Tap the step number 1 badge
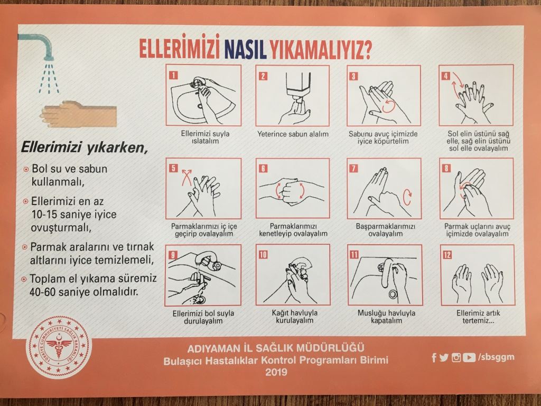173,75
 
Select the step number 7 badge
353,168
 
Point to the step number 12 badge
447,255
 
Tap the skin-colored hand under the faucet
78,114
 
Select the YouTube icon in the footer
469,357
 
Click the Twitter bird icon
444,358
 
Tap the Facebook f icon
434,358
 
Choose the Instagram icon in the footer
456,358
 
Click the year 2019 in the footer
276,372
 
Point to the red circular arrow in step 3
388,106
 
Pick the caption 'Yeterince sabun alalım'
293,134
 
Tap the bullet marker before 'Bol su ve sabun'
25,170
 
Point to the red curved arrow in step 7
407,197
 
